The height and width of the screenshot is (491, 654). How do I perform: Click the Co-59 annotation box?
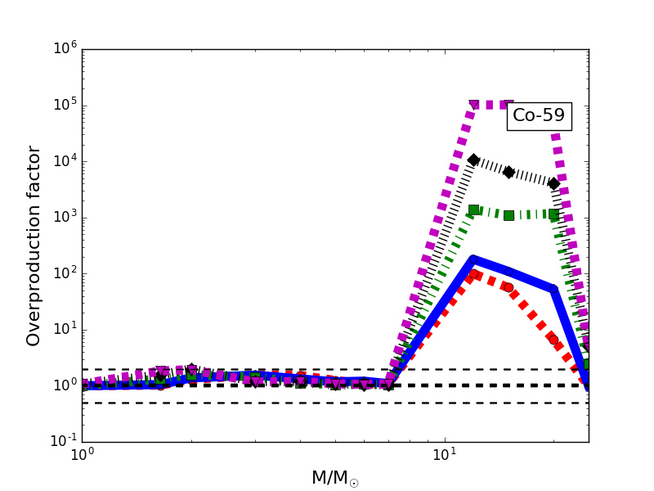click(x=539, y=115)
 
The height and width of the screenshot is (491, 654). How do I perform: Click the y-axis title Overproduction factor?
click(x=34, y=245)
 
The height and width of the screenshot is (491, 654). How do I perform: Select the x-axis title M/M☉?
click(x=335, y=478)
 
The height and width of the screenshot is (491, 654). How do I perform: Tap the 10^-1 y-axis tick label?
click(x=60, y=440)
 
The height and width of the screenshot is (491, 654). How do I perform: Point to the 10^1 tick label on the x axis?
click(x=445, y=457)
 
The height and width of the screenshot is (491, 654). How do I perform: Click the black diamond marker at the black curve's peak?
click(x=473, y=160)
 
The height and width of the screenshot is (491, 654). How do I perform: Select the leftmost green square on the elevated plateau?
click(x=473, y=209)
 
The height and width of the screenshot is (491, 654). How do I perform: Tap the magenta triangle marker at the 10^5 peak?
click(x=473, y=105)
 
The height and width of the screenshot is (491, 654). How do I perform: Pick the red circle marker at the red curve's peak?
click(x=473, y=274)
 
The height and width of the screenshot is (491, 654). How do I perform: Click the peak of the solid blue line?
click(x=473, y=259)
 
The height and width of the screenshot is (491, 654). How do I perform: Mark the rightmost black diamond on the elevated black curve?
click(x=553, y=183)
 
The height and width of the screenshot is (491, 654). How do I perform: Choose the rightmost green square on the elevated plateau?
click(x=553, y=214)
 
